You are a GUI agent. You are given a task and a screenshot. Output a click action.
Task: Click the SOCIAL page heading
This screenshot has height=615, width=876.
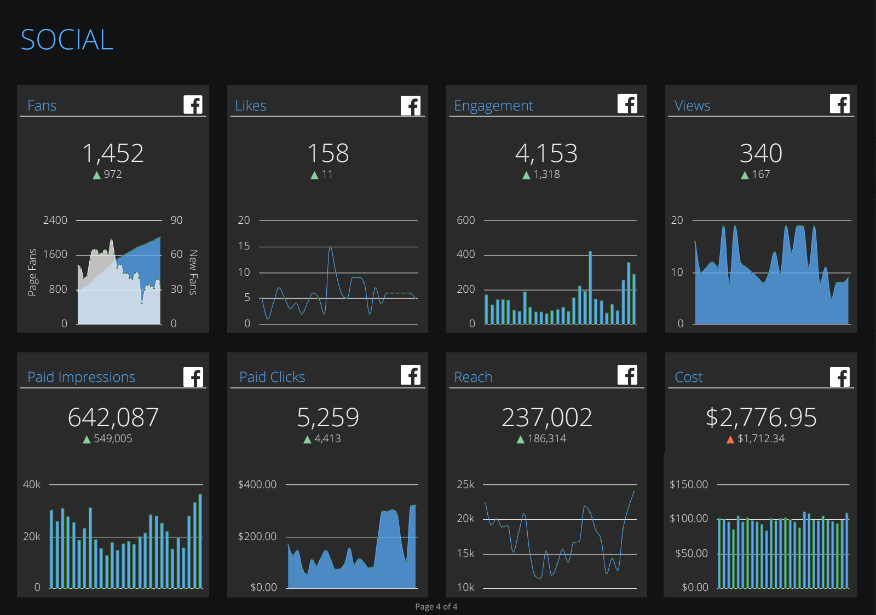[67, 40]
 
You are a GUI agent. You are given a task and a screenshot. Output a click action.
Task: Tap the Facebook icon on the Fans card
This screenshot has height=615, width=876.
[193, 105]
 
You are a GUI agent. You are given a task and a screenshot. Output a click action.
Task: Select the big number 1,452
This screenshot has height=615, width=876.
[113, 153]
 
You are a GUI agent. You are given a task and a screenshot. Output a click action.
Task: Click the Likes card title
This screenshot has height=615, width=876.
[250, 106]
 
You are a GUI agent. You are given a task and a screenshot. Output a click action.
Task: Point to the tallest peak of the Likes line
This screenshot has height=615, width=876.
[330, 248]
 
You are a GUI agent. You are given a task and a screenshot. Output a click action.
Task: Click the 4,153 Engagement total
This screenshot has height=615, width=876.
[546, 153]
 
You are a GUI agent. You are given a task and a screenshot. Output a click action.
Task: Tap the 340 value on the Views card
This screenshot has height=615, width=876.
[760, 153]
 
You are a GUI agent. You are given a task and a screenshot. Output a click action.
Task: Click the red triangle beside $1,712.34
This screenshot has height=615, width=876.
[730, 439]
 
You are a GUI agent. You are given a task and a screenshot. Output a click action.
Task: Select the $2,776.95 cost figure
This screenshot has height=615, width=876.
[760, 418]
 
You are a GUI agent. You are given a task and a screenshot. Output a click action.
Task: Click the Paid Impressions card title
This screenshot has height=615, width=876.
[81, 377]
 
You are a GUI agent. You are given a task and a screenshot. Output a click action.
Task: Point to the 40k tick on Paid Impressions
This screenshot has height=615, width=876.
[32, 484]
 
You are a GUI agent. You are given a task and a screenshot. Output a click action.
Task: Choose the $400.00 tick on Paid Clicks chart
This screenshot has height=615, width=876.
[257, 484]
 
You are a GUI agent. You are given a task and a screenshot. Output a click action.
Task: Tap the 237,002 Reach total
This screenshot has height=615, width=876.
[546, 418]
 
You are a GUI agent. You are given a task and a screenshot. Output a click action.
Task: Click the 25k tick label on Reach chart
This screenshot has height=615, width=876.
[465, 484]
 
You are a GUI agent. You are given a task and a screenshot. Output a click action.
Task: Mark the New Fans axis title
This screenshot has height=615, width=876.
[193, 272]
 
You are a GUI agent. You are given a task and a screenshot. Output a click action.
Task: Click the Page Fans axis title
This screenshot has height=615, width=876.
[32, 272]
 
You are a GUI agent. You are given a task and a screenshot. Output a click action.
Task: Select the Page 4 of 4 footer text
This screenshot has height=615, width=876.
[436, 606]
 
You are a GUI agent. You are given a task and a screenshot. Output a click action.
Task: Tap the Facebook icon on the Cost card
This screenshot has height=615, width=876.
[839, 376]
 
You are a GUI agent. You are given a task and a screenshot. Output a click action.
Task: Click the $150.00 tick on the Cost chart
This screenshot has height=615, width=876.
[688, 484]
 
